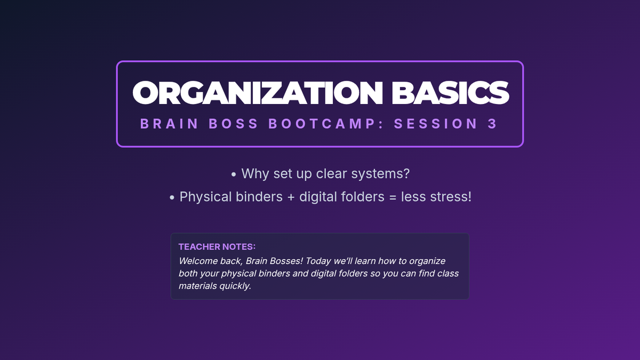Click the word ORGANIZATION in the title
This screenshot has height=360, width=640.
tap(258, 93)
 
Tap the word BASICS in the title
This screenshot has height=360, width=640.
tap(450, 93)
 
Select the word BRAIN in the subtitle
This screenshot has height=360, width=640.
tap(169, 124)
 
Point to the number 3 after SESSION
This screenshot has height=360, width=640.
tap(493, 124)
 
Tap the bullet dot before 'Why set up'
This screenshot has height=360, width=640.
tap(234, 174)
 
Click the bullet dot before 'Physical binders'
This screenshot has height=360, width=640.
tap(172, 197)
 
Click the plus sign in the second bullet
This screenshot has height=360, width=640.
tap(291, 197)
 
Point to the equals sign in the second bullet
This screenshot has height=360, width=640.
tap(393, 197)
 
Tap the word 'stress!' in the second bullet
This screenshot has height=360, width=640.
tap(451, 197)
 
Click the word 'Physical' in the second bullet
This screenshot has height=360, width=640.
tap(205, 197)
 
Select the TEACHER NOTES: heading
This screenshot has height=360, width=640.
tap(217, 246)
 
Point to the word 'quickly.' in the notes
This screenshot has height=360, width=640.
tap(235, 286)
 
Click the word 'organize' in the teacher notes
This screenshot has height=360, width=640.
tap(427, 261)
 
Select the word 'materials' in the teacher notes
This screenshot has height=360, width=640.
tap(198, 286)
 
